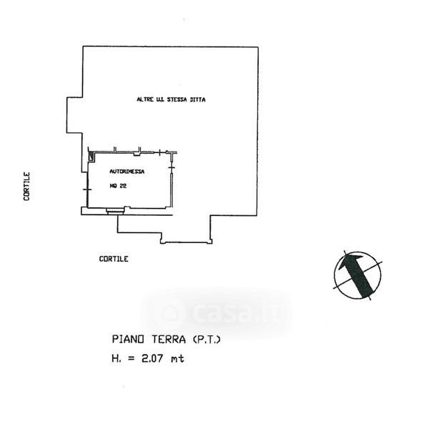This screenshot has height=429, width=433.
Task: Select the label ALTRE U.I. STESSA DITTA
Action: tap(171, 99)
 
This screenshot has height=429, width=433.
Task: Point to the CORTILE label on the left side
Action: tap(26, 185)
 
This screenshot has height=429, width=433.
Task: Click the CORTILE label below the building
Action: tap(114, 259)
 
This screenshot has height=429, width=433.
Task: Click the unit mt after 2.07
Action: tap(178, 358)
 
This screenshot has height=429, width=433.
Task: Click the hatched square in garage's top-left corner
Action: tap(91, 154)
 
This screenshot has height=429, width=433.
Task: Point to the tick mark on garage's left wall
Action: tap(87, 188)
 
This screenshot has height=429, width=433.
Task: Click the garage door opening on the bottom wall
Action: tap(114, 211)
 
